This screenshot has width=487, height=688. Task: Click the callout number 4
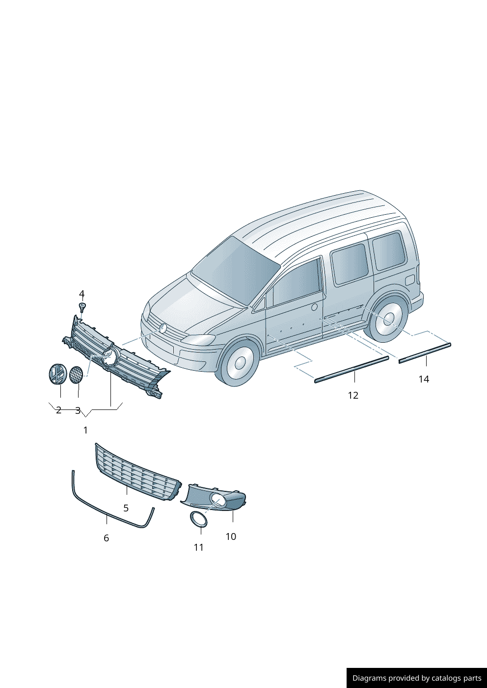pyautogui.click(x=81, y=294)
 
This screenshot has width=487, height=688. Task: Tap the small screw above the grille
pyautogui.click(x=82, y=307)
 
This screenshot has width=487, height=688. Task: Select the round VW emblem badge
pyautogui.click(x=58, y=374)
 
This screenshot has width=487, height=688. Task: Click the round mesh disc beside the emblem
pyautogui.click(x=76, y=375)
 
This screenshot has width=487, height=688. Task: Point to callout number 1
pyautogui.click(x=85, y=431)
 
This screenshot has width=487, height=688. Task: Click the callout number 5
pyautogui.click(x=126, y=509)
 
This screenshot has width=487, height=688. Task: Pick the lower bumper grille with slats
pyautogui.click(x=138, y=473)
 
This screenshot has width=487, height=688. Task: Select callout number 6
pyautogui.click(x=106, y=538)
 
